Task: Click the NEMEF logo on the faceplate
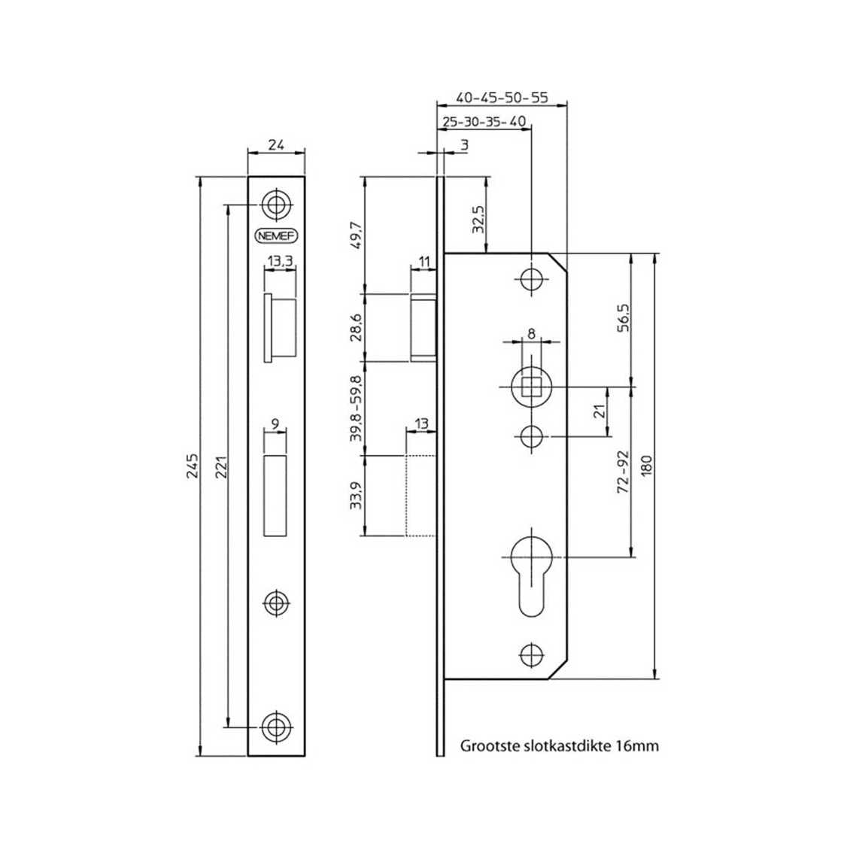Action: pyautogui.click(x=276, y=235)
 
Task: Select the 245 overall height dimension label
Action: pyautogui.click(x=193, y=466)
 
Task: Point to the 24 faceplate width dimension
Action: pyautogui.click(x=276, y=146)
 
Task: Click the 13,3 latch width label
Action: pyautogui.click(x=279, y=261)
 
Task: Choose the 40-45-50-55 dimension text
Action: pyautogui.click(x=502, y=98)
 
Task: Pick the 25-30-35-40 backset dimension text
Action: pyautogui.click(x=484, y=122)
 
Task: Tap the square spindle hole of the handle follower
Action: pyautogui.click(x=532, y=387)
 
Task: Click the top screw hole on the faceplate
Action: pyautogui.click(x=276, y=203)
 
